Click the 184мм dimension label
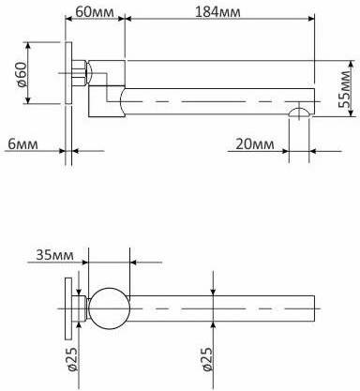[x=217, y=12]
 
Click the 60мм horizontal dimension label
[x=95, y=12]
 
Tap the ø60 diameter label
[x=21, y=74]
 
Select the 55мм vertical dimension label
[x=346, y=89]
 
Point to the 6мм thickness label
[x=22, y=144]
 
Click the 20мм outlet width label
[x=255, y=144]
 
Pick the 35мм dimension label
[x=55, y=255]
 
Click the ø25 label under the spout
[x=207, y=359]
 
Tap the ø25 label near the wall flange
[x=72, y=359]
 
